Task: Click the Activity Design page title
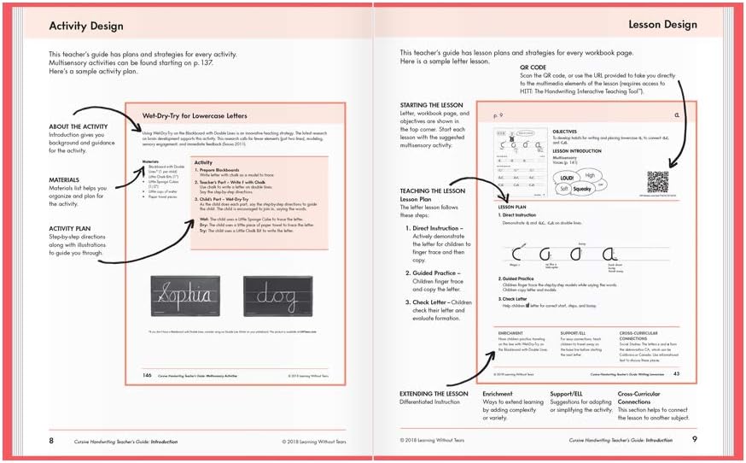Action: tap(86, 26)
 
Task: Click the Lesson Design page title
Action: tap(662, 25)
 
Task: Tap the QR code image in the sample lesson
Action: tap(657, 183)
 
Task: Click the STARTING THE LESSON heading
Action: tap(431, 104)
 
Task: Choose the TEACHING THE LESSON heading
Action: tap(432, 191)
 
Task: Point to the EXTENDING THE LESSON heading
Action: tap(434, 394)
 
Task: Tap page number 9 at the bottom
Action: tap(694, 440)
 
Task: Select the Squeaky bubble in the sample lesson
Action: tap(586, 190)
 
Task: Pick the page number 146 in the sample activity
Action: tap(147, 374)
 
